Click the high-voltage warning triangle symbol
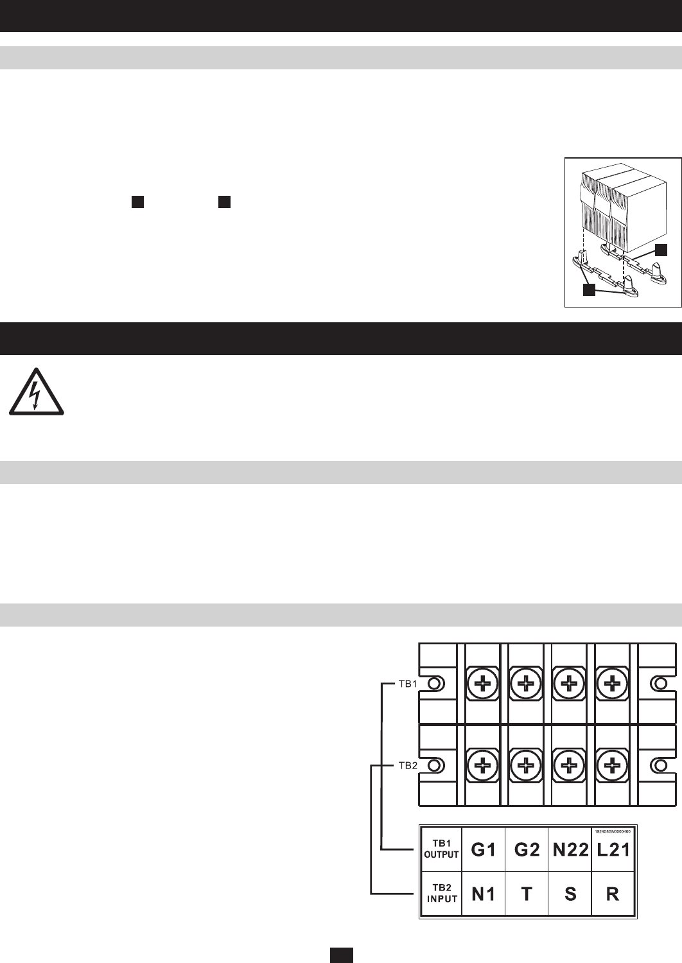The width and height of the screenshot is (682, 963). (x=35, y=392)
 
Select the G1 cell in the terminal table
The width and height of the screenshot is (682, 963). (x=484, y=849)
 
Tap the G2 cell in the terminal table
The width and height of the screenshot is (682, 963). (x=527, y=849)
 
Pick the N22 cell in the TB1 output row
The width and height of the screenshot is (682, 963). (x=570, y=849)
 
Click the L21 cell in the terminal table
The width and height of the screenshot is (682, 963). (x=613, y=849)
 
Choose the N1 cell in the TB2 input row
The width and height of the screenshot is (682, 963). (x=484, y=894)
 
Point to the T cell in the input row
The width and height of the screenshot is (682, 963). (x=527, y=894)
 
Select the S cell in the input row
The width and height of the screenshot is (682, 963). (x=570, y=894)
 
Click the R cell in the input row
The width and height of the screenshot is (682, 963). (x=613, y=894)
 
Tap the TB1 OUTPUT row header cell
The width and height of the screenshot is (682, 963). (x=441, y=849)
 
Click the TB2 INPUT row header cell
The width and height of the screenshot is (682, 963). (x=441, y=894)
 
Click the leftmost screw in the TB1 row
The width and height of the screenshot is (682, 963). (x=482, y=684)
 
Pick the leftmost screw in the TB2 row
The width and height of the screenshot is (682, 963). (x=482, y=765)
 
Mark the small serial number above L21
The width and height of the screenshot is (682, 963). (x=613, y=831)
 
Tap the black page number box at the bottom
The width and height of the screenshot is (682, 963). (x=341, y=955)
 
